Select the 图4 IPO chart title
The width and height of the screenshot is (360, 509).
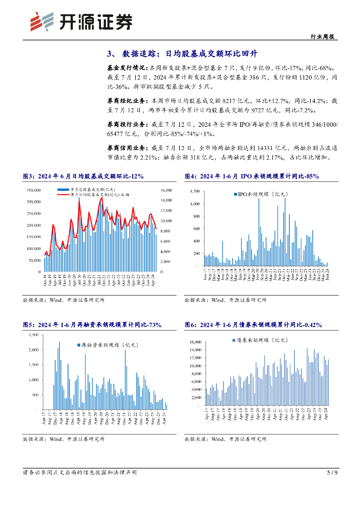252,176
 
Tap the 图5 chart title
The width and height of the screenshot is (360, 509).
92,325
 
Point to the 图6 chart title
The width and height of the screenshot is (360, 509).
253,325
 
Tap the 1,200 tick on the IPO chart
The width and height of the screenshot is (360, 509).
194,191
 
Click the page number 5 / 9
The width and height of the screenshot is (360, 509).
332,472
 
